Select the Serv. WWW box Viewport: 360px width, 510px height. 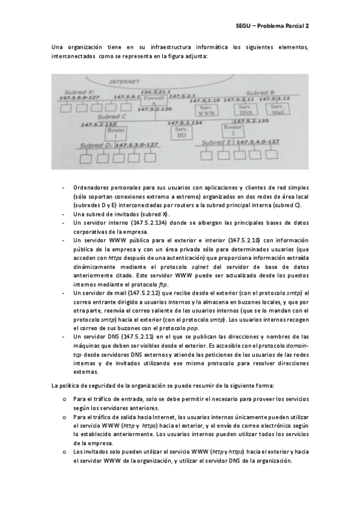pos(206,110)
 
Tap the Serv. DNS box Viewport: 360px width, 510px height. pos(245,110)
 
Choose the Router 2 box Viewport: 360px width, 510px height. pos(232,131)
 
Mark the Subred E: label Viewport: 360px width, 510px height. pos(218,143)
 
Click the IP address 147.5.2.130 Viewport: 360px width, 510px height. pos(156,109)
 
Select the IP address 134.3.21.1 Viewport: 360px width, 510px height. pos(155,90)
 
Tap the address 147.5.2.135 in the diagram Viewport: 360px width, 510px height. pos(251,121)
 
